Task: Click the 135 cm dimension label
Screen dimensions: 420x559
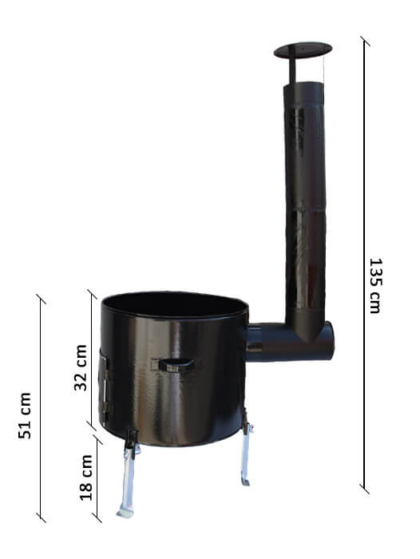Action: point(375,286)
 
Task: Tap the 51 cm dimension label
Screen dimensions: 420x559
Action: point(25,415)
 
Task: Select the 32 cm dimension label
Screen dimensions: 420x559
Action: point(81,367)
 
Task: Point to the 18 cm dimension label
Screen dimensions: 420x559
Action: point(86,478)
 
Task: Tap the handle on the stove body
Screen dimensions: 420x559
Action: point(176,365)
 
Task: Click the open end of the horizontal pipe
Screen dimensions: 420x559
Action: point(330,340)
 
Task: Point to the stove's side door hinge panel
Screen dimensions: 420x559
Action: point(105,387)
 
